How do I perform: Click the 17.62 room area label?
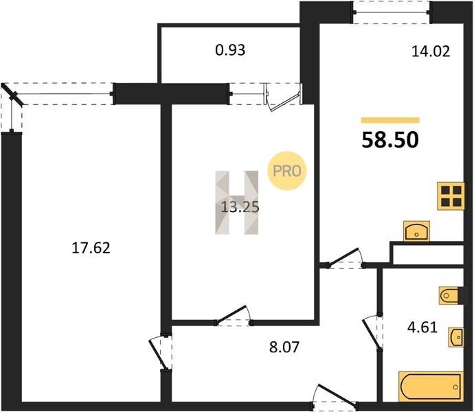click(x=91, y=248)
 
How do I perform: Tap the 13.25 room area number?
click(x=240, y=207)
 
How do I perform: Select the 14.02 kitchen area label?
click(x=431, y=51)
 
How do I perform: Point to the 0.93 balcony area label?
click(x=230, y=50)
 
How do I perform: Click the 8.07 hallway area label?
click(x=284, y=347)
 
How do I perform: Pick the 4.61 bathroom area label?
click(x=422, y=327)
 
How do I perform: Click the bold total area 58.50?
click(x=390, y=140)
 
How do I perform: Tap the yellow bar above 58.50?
click(x=390, y=120)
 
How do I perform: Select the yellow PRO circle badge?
click(x=287, y=171)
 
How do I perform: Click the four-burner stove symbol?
click(x=451, y=196)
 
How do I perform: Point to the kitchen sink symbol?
click(x=416, y=231)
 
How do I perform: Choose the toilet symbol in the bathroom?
click(x=449, y=295)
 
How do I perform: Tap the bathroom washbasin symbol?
click(x=456, y=336)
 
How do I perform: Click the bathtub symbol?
click(x=431, y=387)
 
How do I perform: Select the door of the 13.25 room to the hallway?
click(x=233, y=316)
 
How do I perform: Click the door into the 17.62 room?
click(x=161, y=352)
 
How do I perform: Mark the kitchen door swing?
click(x=346, y=258)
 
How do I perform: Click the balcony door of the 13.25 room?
click(x=283, y=98)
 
